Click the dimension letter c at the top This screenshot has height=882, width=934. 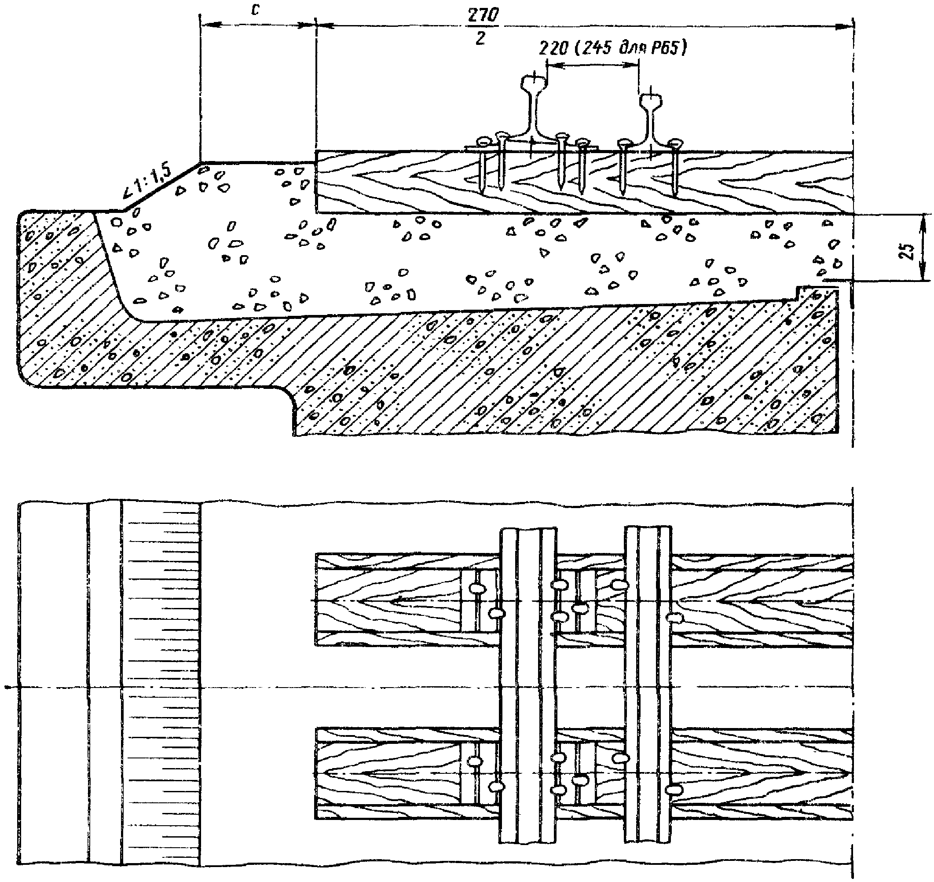[x=255, y=10]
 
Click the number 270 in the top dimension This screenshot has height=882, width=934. [x=483, y=15]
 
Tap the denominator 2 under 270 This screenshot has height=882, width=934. [x=480, y=39]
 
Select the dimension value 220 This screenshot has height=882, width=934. [x=554, y=48]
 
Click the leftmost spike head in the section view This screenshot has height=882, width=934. [x=483, y=141]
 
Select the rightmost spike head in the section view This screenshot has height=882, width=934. [x=675, y=143]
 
